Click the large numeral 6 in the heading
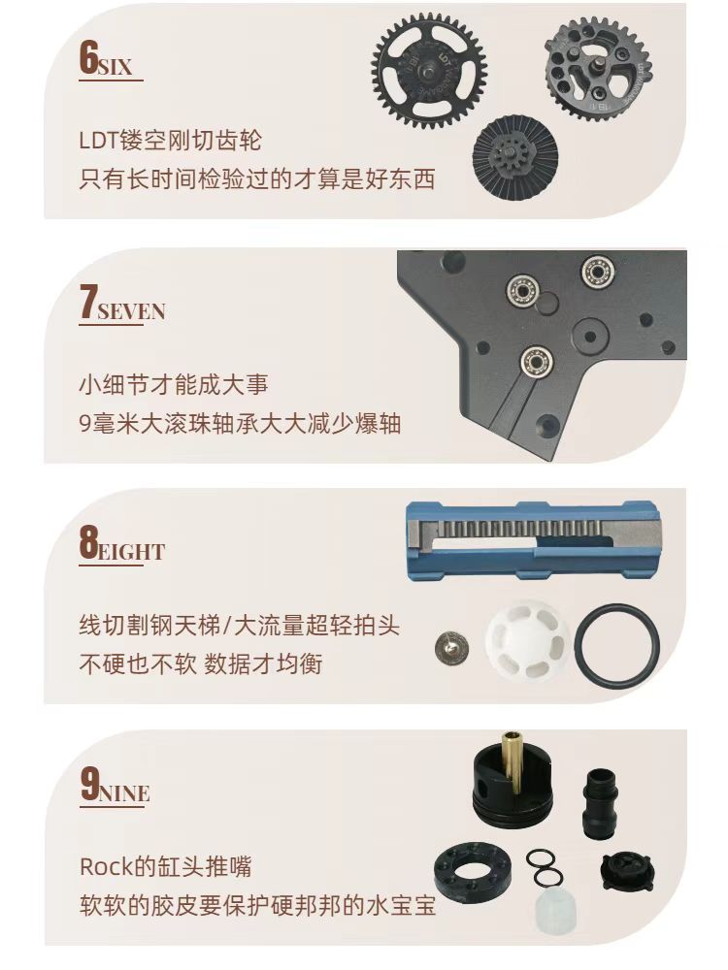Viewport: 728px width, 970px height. coord(89,58)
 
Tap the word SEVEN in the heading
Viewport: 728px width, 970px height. coord(131,311)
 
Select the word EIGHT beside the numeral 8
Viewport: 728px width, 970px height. coord(131,552)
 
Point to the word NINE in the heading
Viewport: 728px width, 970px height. coord(125,793)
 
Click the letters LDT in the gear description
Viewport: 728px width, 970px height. coord(98,141)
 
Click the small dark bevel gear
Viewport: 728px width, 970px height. coord(515,154)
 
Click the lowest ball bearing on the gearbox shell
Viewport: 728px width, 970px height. coord(536,360)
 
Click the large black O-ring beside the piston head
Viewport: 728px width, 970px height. coord(616,645)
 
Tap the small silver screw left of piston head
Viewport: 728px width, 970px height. coord(451,648)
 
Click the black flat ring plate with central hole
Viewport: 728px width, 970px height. coord(473,873)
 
